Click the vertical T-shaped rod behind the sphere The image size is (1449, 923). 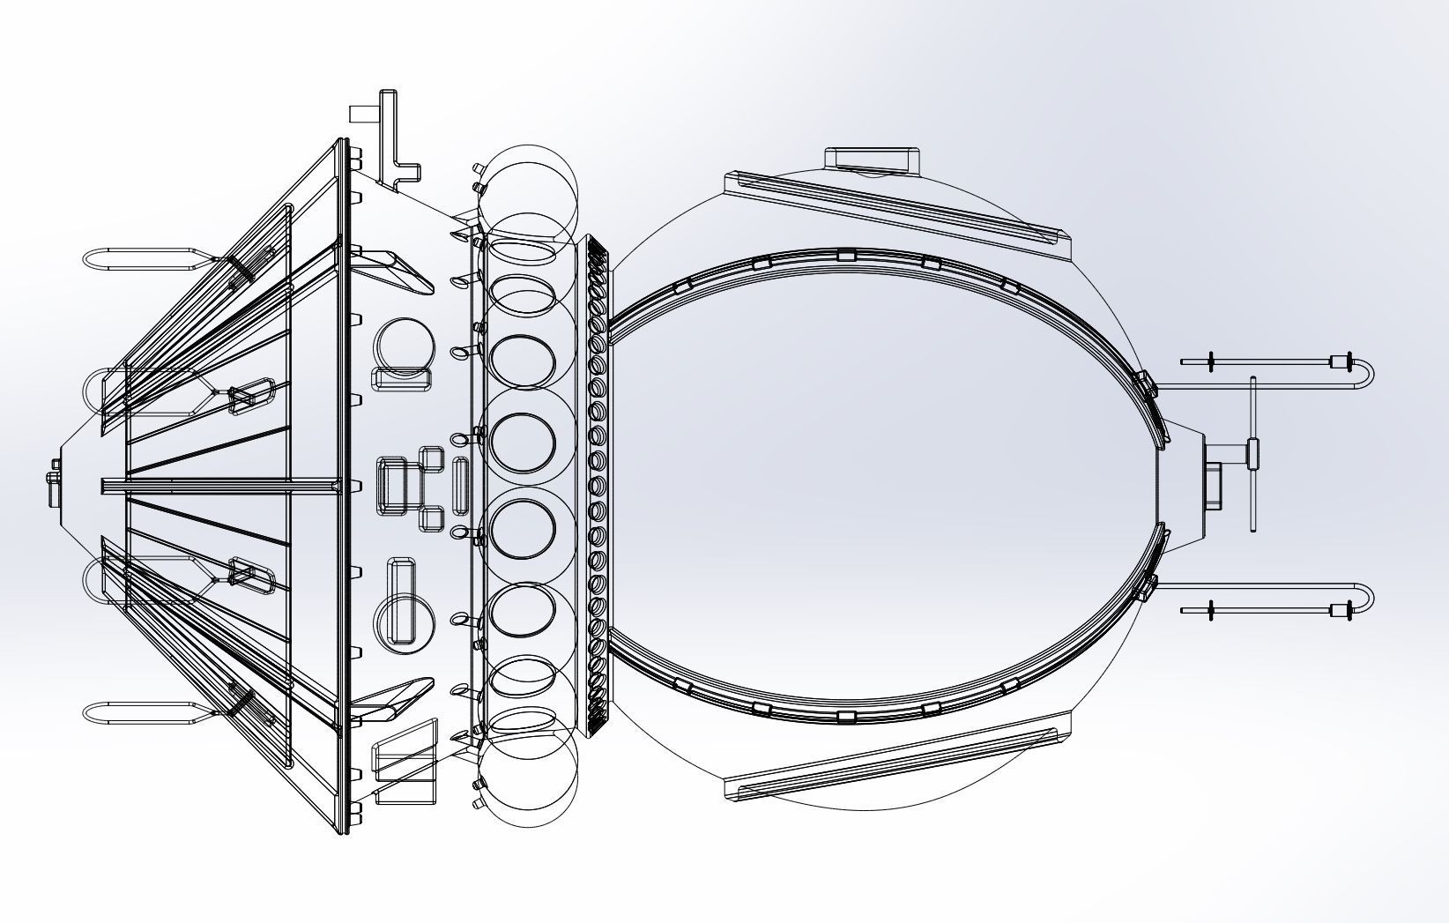[1253, 453]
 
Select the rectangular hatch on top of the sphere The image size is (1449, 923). [872, 160]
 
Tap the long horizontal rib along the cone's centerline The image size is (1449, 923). [220, 485]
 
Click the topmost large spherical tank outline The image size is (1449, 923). [527, 194]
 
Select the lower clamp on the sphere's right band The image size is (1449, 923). [1143, 587]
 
